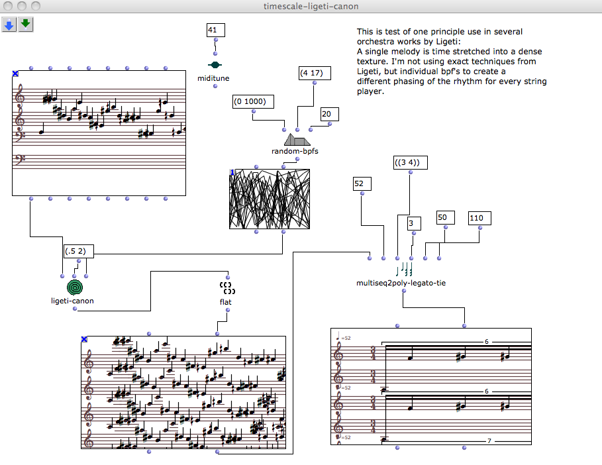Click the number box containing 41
(215, 30)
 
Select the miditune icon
(215, 65)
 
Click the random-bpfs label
(295, 151)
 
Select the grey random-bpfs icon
(297, 140)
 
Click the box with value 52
(362, 183)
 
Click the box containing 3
(413, 224)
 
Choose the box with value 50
(445, 217)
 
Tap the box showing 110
(479, 218)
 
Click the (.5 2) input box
(79, 251)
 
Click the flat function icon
(228, 287)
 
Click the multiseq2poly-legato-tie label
(401, 283)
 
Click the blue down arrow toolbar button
(9, 25)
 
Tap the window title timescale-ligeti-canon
(301, 6)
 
